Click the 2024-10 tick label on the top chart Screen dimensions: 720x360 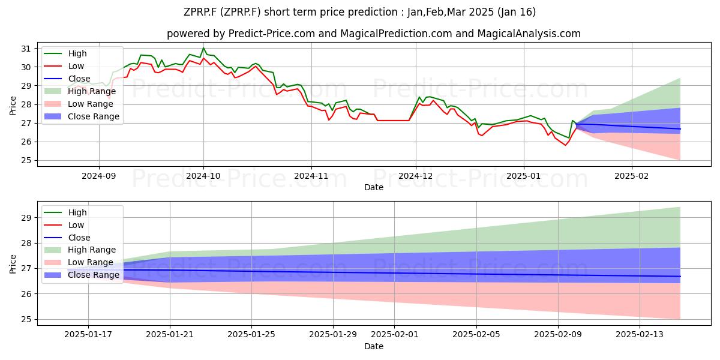point(203,176)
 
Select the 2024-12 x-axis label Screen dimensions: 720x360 point(416,176)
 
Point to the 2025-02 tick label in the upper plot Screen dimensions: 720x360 point(632,176)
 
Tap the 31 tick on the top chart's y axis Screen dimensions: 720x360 point(26,49)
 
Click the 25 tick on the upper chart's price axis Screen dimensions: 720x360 point(26,160)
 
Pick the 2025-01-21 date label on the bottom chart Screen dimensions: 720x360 point(170,335)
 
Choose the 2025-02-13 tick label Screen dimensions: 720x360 point(640,335)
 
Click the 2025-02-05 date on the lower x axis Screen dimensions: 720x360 point(476,335)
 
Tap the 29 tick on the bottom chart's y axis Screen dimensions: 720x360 point(26,218)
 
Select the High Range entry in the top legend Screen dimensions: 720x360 point(92,91)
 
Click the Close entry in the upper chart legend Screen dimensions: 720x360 point(79,79)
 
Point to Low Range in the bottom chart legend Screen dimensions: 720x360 point(91,262)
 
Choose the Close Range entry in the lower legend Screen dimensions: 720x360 point(93,275)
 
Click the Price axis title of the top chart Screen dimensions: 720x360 point(13,106)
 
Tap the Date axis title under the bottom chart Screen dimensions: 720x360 point(373,346)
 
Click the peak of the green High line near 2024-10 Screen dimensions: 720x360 point(203,48)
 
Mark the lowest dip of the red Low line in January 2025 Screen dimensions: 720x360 point(565,145)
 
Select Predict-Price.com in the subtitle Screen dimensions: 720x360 point(272,34)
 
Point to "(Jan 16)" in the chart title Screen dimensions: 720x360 point(517,12)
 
